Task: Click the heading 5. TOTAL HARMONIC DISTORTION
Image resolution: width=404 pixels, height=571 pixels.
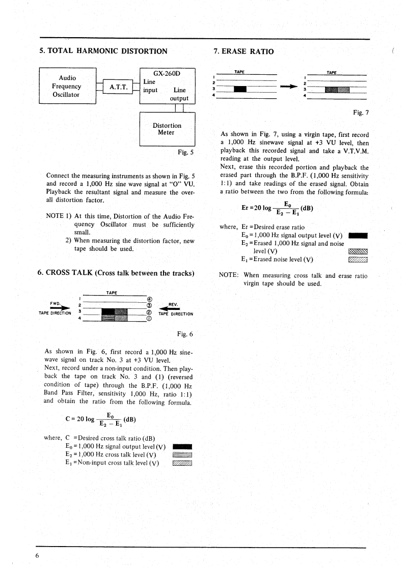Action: [103, 51]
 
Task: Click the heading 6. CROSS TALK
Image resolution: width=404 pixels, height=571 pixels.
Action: [117, 273]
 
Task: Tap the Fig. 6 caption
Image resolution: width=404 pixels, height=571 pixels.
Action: [182, 334]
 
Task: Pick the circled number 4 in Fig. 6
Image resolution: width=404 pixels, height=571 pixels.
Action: [149, 299]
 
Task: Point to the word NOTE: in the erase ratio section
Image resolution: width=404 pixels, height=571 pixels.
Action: [229, 276]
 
